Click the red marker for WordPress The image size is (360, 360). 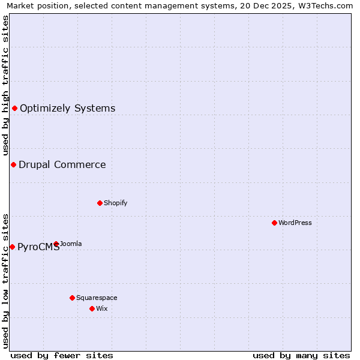pyautogui.click(x=274, y=223)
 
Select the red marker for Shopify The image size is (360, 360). pyautogui.click(x=100, y=203)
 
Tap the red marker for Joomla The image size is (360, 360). pyautogui.click(x=56, y=244)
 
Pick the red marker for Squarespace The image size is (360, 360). pyautogui.click(x=72, y=298)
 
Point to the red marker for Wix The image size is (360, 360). pyautogui.click(x=92, y=308)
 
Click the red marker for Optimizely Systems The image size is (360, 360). pyautogui.click(x=14, y=108)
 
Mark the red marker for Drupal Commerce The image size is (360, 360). pyautogui.click(x=13, y=164)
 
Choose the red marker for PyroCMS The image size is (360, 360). pyautogui.click(x=12, y=247)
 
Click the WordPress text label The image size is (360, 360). pyautogui.click(x=295, y=223)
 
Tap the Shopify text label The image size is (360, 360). pyautogui.click(x=116, y=203)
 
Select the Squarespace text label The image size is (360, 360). pyautogui.click(x=97, y=298)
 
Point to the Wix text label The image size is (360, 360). pyautogui.click(x=101, y=308)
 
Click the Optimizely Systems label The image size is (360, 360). pyautogui.click(x=68, y=109)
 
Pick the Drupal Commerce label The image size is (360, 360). pyautogui.click(x=62, y=165)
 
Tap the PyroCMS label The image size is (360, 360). pyautogui.click(x=38, y=247)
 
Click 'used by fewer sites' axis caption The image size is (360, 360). pyautogui.click(x=62, y=355)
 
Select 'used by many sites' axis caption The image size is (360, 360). pyautogui.click(x=301, y=355)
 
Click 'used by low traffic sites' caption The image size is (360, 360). pyautogui.click(x=5, y=281)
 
